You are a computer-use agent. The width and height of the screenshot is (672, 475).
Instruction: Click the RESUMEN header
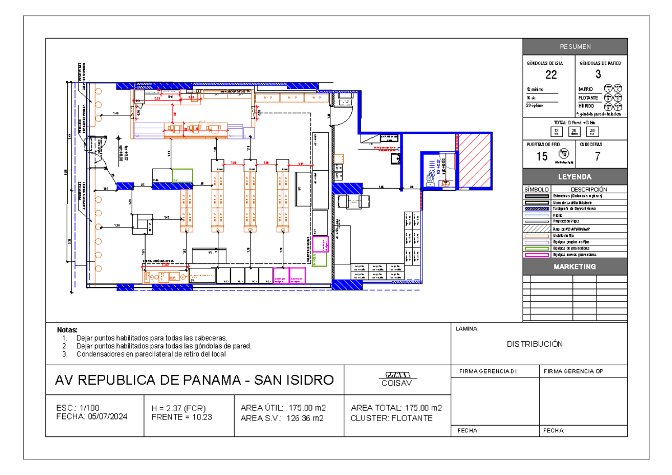[x=575, y=46]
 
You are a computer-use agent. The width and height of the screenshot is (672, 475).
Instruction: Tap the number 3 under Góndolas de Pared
[x=598, y=75]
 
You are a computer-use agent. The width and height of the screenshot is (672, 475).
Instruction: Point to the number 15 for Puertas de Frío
[x=542, y=156]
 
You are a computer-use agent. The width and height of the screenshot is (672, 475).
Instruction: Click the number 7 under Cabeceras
[x=598, y=156]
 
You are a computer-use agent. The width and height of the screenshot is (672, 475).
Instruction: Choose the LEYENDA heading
[x=575, y=177]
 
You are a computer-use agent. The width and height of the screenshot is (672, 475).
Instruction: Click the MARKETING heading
[x=575, y=267]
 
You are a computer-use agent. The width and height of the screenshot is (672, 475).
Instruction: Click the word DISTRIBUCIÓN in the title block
[x=534, y=344]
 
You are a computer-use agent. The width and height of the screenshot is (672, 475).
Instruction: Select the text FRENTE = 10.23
[x=178, y=417]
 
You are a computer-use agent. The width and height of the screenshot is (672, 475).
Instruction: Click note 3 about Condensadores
[x=151, y=354]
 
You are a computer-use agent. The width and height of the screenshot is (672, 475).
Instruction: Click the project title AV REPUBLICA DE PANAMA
[x=194, y=380]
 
